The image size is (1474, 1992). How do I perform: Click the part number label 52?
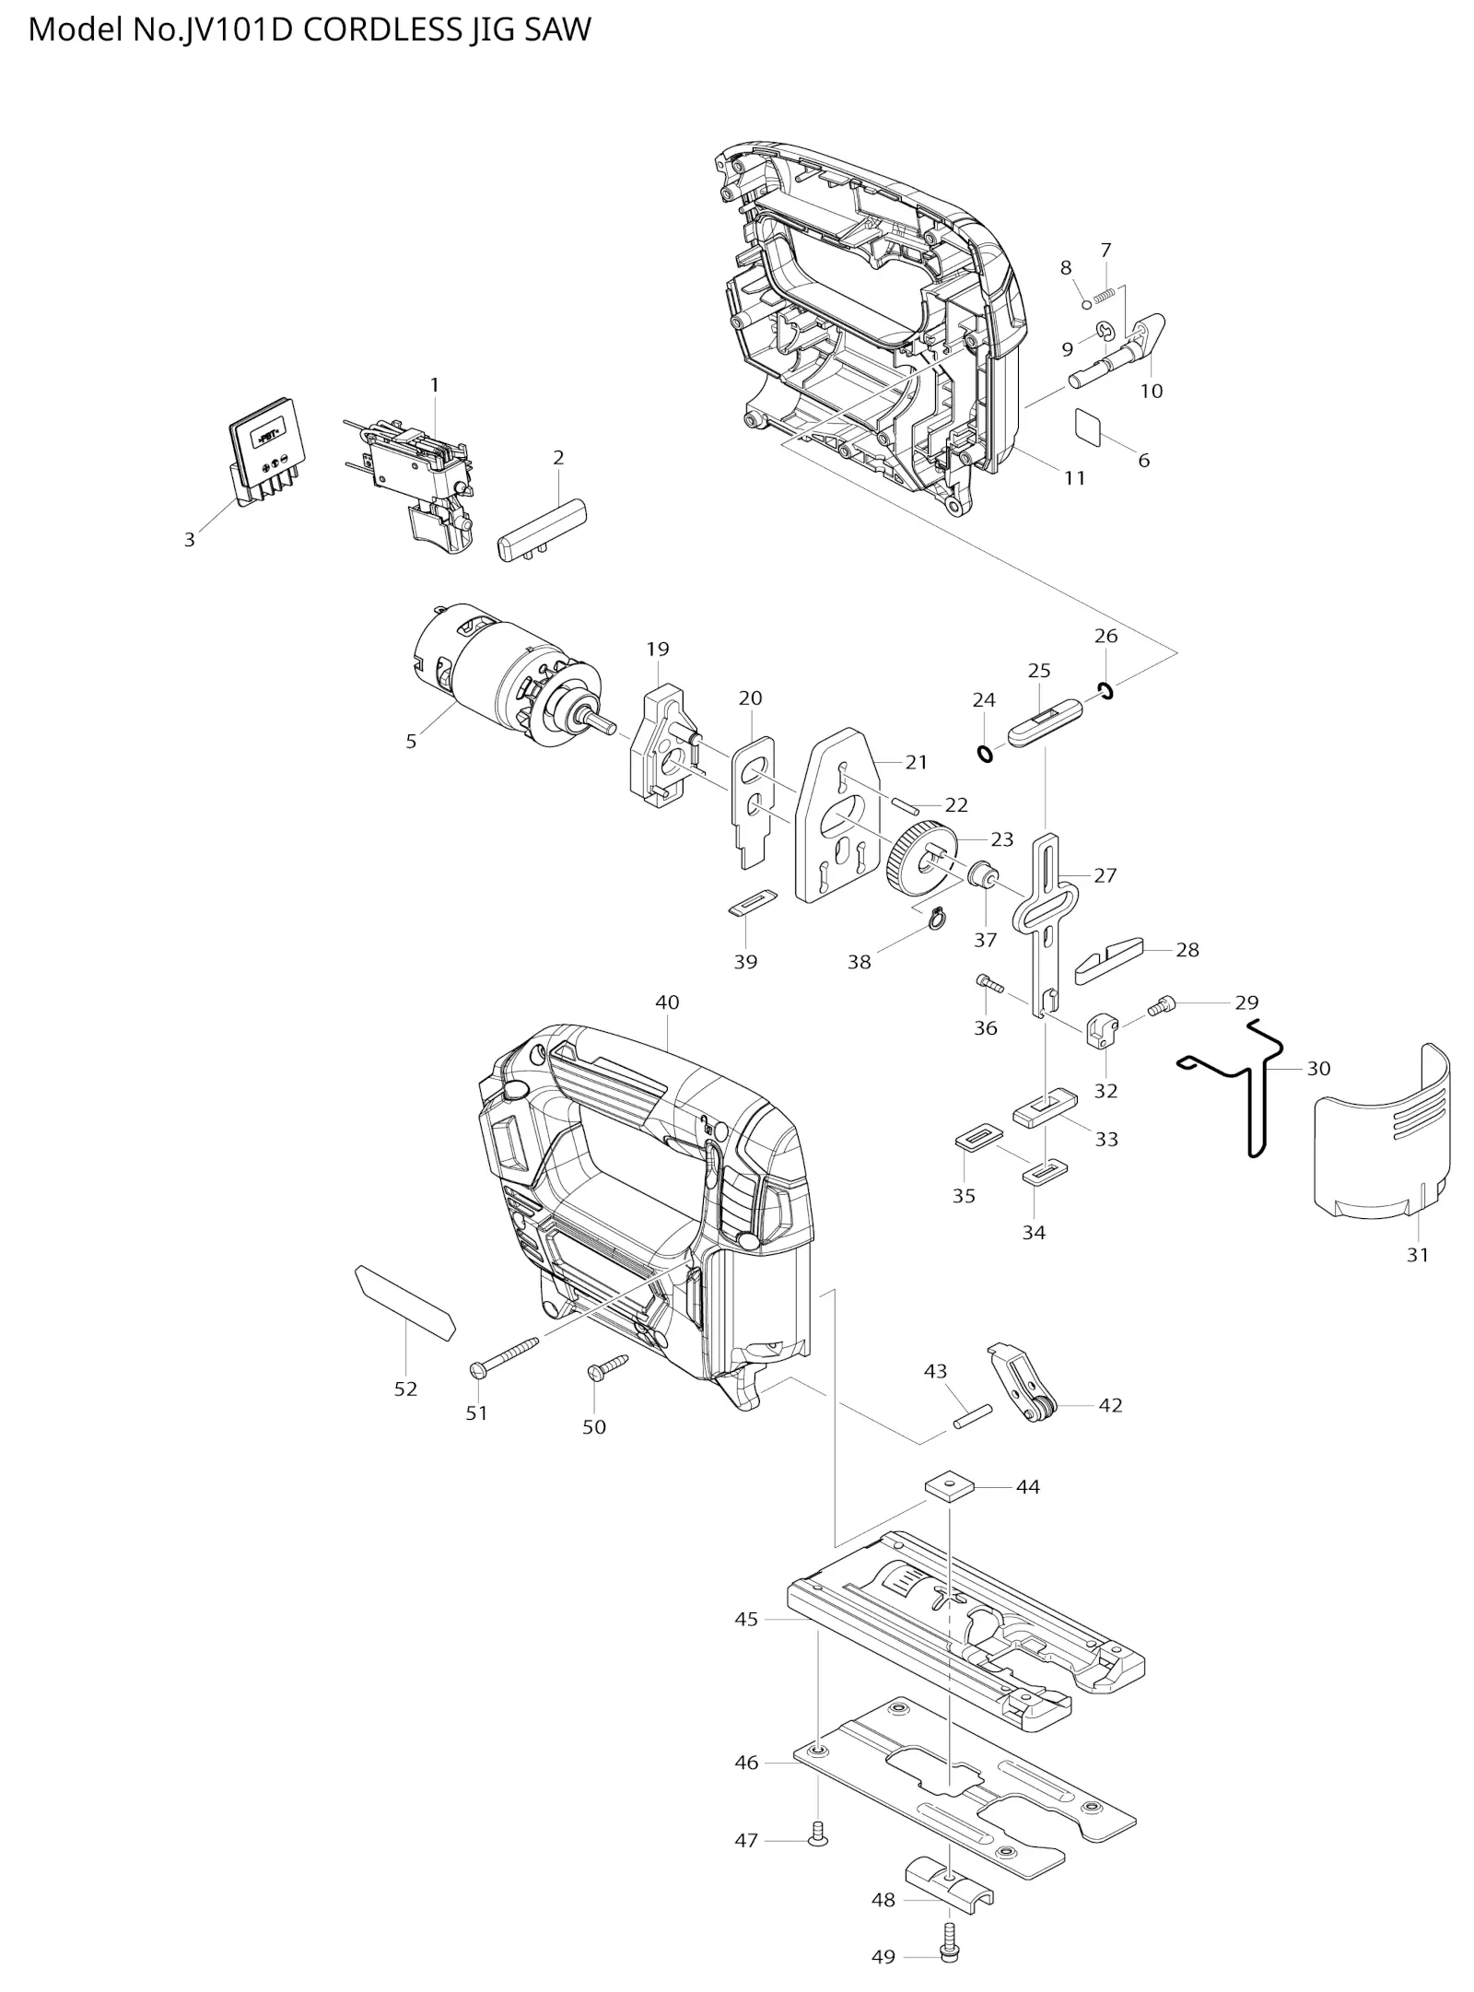(x=405, y=1389)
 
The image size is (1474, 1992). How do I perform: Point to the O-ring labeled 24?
(x=985, y=753)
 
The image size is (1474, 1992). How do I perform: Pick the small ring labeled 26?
(x=1105, y=689)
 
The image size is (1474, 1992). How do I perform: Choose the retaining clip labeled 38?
(x=937, y=919)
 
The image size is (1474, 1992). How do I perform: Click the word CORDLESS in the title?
(x=382, y=29)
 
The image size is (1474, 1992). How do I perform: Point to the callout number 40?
(x=667, y=1002)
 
